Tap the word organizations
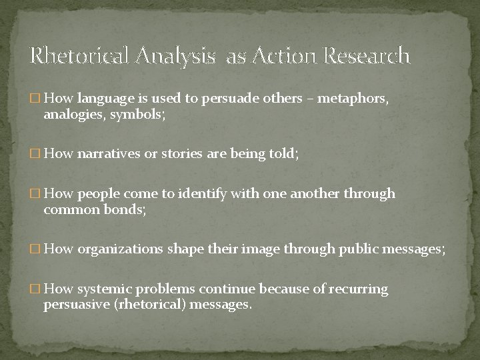click(x=121, y=249)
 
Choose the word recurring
click(x=357, y=290)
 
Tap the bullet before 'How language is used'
click(x=35, y=99)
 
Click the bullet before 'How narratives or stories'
click(x=35, y=155)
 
